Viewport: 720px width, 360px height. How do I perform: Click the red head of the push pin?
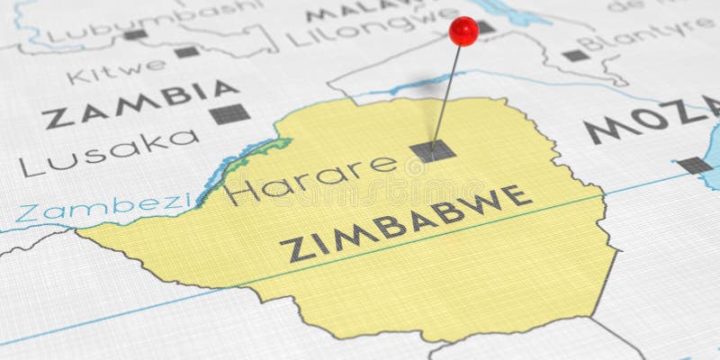(463, 31)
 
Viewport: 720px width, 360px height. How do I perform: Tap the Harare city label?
(310, 177)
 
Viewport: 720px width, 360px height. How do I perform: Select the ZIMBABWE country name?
(405, 222)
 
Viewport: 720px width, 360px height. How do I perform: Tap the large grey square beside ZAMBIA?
(229, 113)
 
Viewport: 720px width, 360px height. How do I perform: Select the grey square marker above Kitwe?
(186, 52)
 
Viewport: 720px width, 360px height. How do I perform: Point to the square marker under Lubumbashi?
(135, 35)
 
